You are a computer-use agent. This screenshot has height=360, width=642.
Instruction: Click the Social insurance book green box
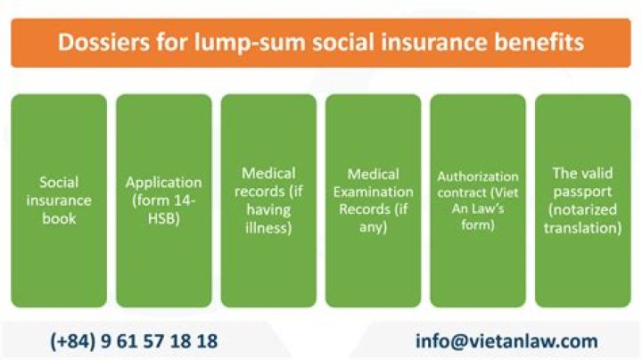[x=59, y=200]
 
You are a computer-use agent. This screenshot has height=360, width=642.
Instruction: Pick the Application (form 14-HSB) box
[x=164, y=200]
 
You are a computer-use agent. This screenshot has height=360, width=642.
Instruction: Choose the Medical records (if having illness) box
[x=268, y=200]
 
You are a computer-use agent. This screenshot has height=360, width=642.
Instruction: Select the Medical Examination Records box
[x=373, y=200]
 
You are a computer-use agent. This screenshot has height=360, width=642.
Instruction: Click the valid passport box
[x=582, y=200]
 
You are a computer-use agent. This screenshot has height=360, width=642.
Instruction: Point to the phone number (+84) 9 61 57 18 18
[x=135, y=341]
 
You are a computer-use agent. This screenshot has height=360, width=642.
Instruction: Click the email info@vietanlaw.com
[x=506, y=341]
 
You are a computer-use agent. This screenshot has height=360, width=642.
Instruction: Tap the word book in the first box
[x=59, y=218]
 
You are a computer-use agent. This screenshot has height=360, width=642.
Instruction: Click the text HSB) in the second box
[x=164, y=218]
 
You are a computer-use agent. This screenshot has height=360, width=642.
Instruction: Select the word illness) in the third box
[x=268, y=227]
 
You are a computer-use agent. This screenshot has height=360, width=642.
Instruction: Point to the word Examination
[x=380, y=192]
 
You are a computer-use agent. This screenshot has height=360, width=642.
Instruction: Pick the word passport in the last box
[x=583, y=192]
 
